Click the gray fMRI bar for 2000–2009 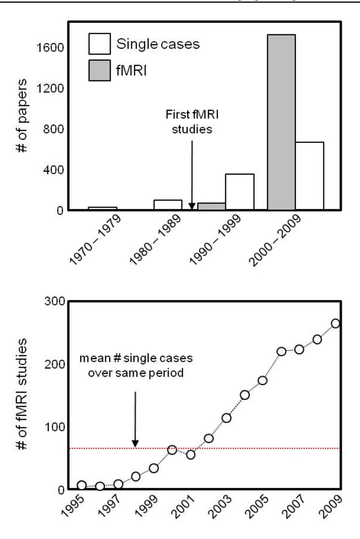coord(281,122)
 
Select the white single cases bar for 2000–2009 coord(310,176)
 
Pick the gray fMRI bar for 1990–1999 coord(211,206)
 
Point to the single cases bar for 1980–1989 coord(168,205)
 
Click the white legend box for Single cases coord(99,44)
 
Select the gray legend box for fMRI coord(99,70)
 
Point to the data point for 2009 coord(335,324)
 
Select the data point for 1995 coord(81,485)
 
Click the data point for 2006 coord(281,352)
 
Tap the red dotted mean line coord(230,448)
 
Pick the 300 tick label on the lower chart coord(55,301)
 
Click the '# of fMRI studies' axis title coord(22,394)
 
